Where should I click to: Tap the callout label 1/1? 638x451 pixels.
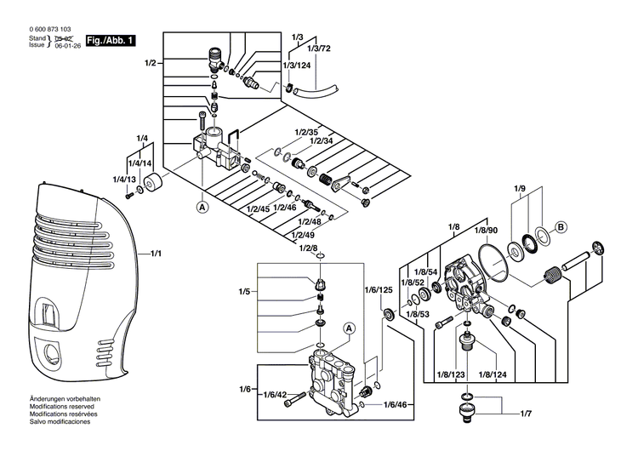click(x=157, y=254)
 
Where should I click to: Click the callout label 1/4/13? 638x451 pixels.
click(x=125, y=180)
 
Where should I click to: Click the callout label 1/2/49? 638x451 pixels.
click(x=303, y=235)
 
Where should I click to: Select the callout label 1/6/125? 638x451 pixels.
click(x=379, y=290)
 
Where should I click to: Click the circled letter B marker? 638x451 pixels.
click(x=561, y=226)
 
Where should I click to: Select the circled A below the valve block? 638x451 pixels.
click(x=202, y=206)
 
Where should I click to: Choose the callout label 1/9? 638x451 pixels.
click(x=520, y=188)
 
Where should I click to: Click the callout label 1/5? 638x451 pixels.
click(x=245, y=291)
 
